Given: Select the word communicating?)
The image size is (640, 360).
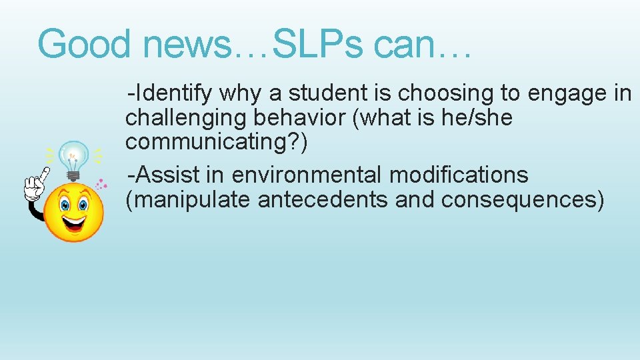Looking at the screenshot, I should pos(217,141).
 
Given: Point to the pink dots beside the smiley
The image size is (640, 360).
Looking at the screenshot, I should pos(101,183).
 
